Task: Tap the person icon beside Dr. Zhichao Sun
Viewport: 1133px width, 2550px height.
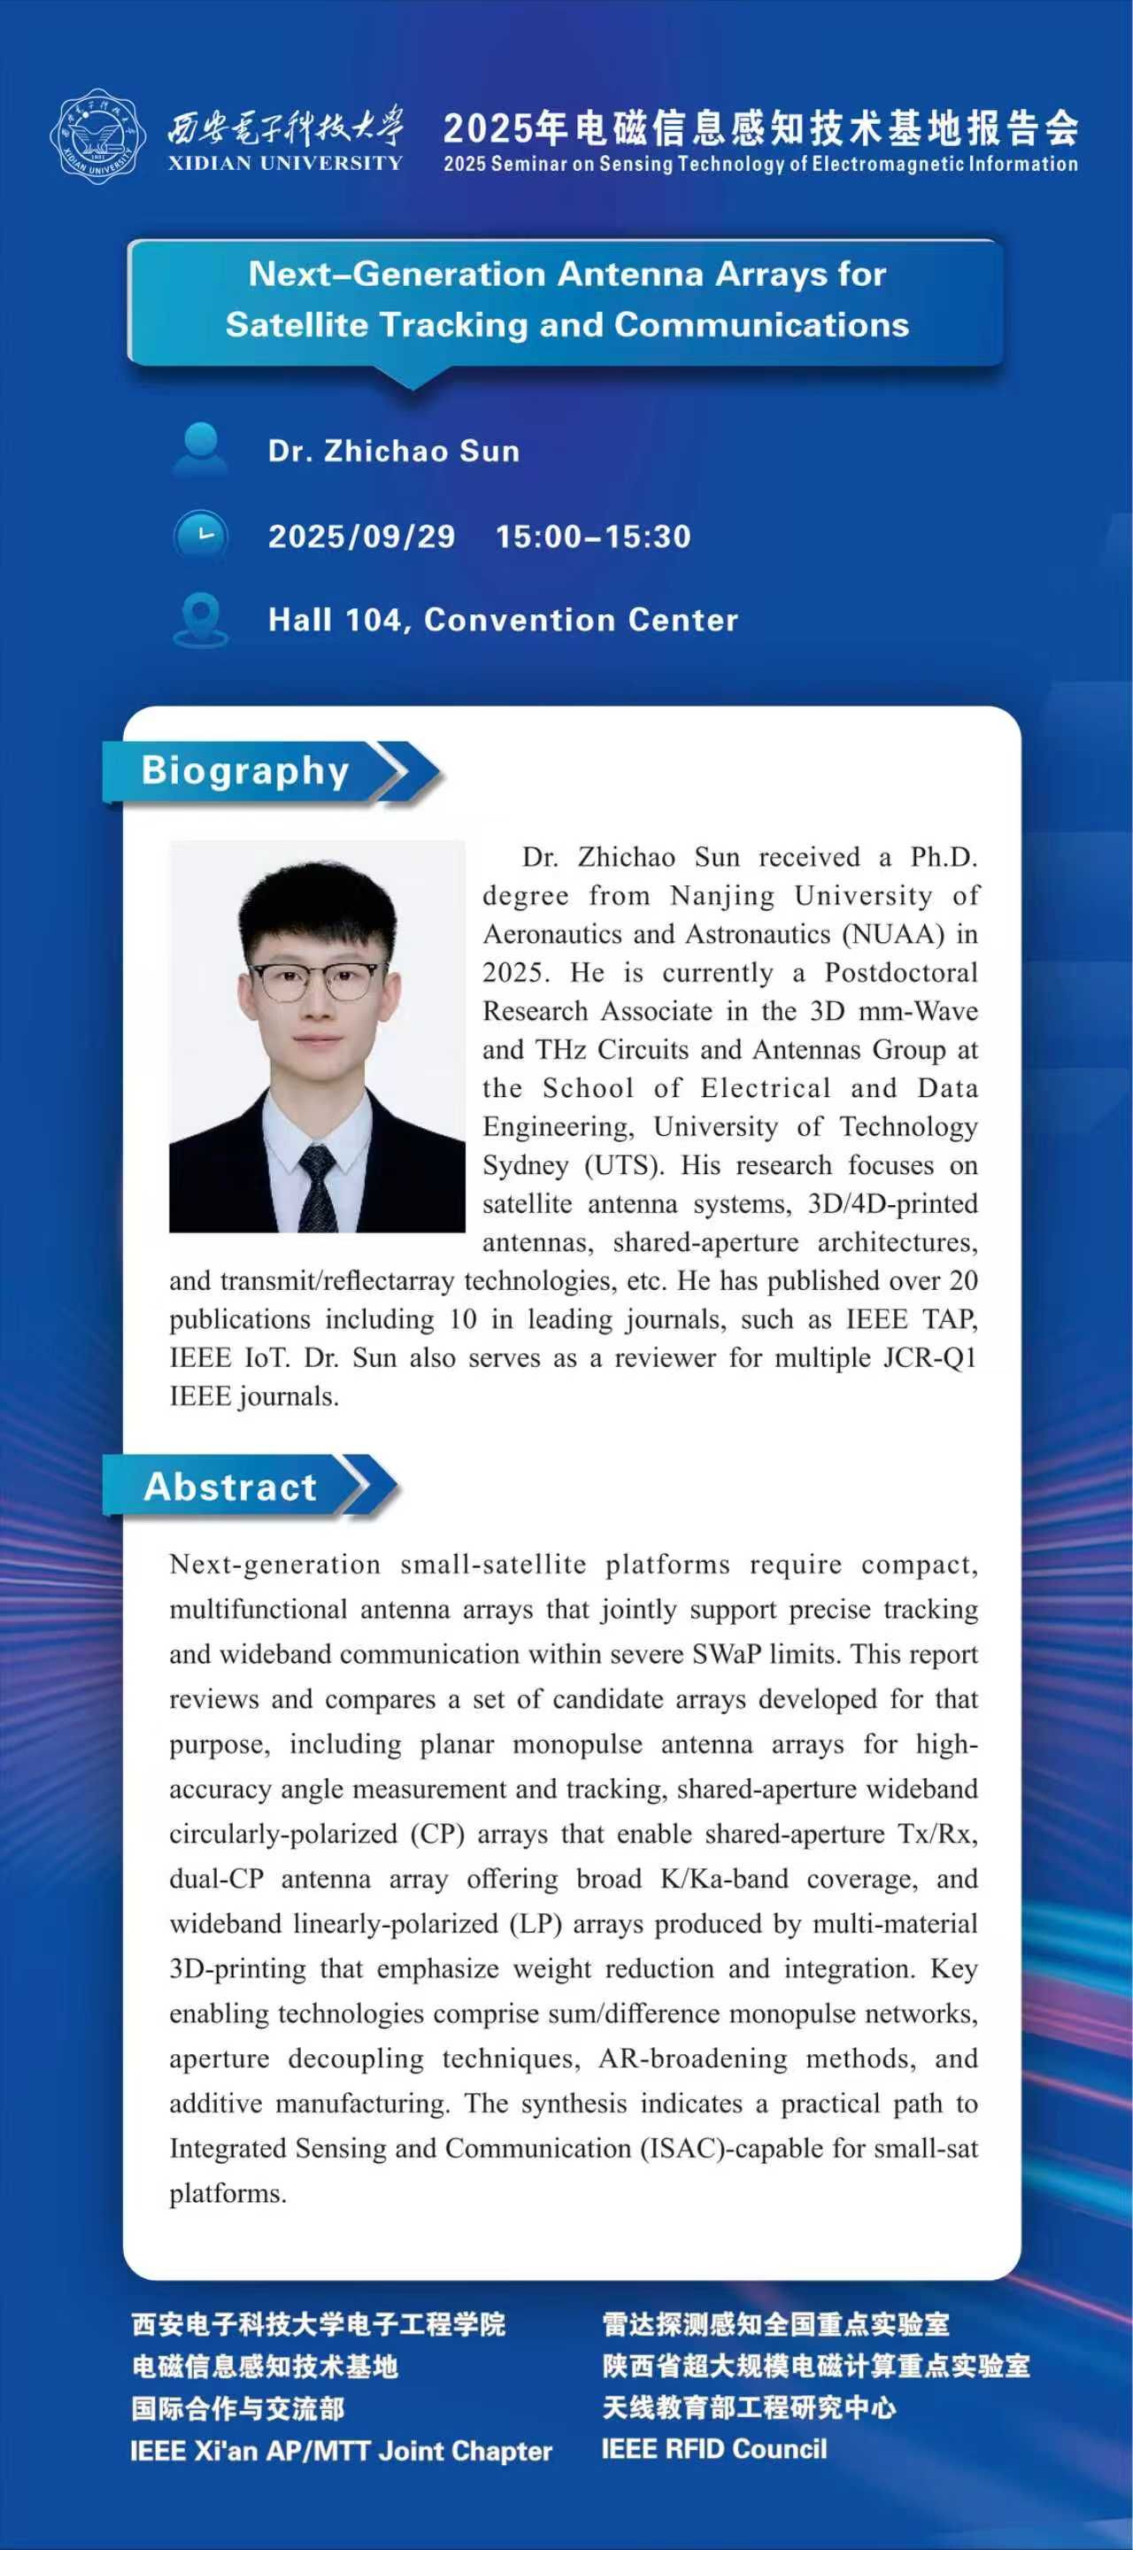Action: coord(200,451)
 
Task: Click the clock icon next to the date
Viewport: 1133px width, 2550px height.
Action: coord(201,537)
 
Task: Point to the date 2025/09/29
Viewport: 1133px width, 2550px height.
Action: coord(361,537)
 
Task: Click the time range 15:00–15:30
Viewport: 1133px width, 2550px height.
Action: coord(593,537)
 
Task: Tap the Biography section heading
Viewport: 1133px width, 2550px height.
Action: coord(245,771)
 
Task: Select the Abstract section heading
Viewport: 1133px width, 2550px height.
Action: coord(230,1487)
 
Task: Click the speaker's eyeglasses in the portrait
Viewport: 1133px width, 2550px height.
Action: coord(318,980)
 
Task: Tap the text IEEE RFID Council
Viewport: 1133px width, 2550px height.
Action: coord(713,2449)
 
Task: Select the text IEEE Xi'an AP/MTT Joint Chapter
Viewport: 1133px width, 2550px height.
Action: coord(341,2451)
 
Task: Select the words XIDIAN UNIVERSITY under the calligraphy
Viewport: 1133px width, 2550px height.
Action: coord(285,163)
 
